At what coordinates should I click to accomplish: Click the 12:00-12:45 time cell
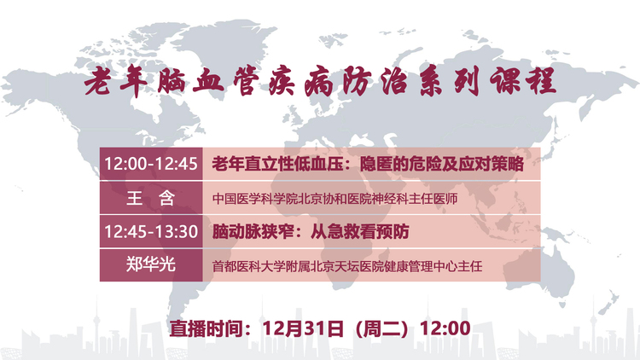point(151,164)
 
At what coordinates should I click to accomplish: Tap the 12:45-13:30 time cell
point(151,231)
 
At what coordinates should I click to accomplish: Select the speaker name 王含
point(151,198)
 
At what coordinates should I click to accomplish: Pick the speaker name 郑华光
point(151,265)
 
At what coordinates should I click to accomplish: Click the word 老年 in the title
point(115,81)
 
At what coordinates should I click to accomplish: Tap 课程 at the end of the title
point(524,80)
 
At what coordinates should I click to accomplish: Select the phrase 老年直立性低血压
point(277,164)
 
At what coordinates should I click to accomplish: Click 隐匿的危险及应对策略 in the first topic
point(442,164)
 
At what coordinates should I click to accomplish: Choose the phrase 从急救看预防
point(359,232)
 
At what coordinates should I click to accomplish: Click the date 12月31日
point(302,328)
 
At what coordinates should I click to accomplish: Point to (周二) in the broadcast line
point(381,328)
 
